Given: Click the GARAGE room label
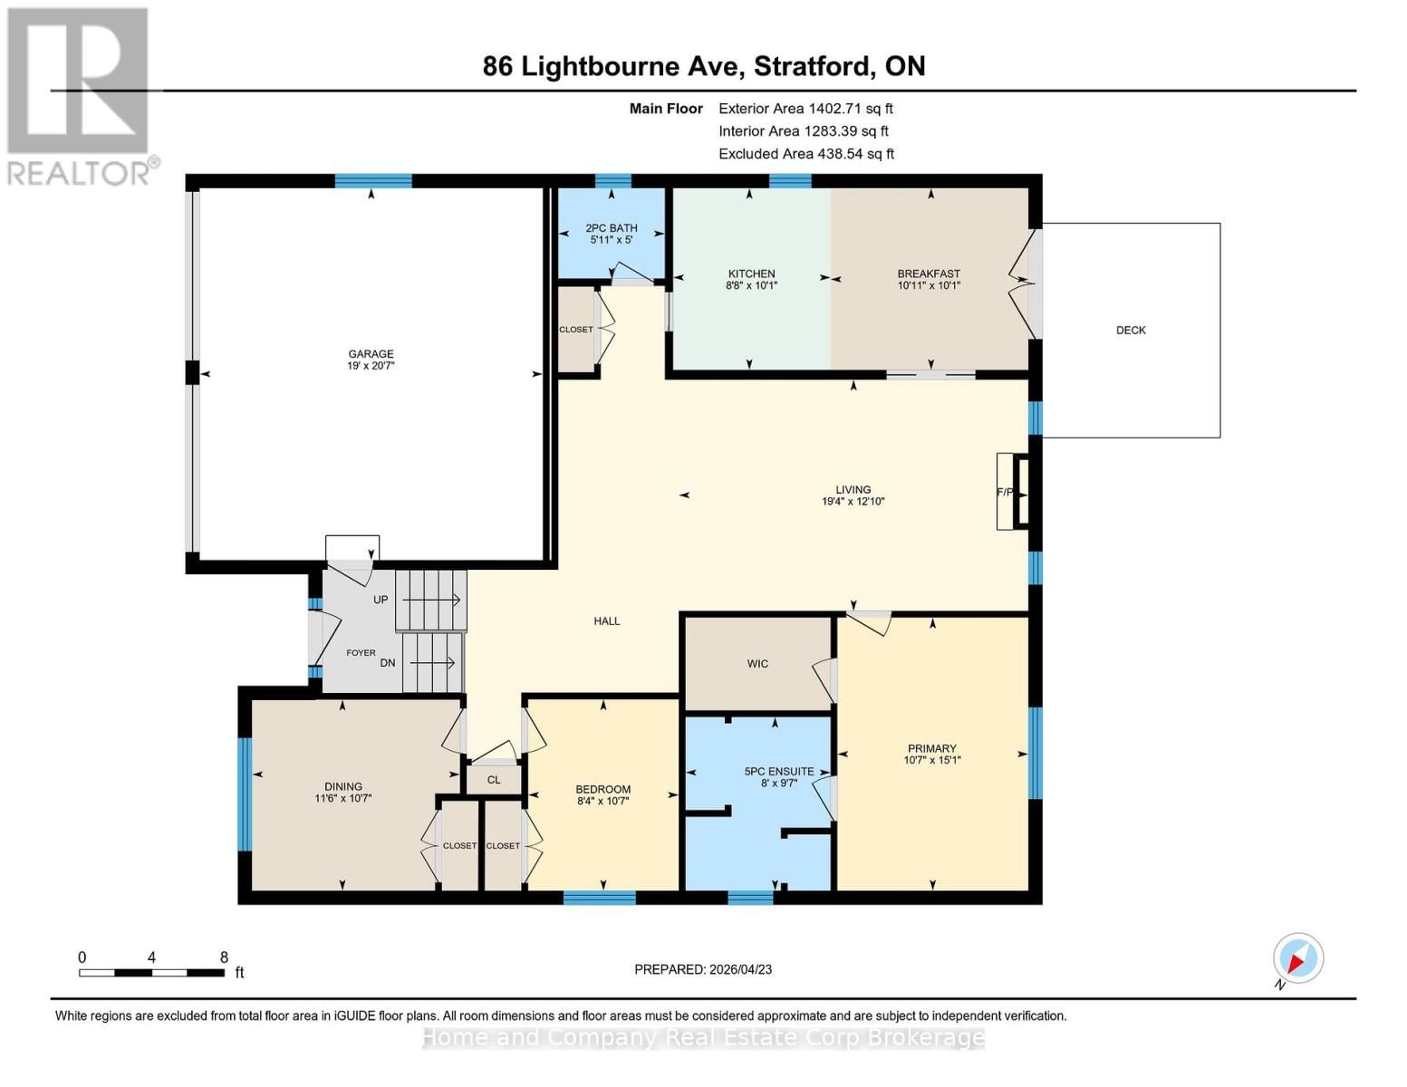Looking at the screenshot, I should point(371,354).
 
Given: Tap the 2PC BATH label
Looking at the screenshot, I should point(612,228).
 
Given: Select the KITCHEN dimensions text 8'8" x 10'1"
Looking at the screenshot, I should point(751,285).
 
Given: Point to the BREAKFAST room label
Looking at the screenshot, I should point(929,274).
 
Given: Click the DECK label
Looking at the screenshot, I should point(1131,331).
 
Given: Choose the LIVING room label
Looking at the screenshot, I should point(853,490).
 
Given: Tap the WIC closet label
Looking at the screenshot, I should point(757,664).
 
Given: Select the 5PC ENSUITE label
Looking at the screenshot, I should point(778,772).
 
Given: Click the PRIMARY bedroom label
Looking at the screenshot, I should point(931,749).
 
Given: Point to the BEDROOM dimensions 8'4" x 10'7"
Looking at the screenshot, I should point(603,801).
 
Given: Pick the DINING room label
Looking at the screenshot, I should point(343,787).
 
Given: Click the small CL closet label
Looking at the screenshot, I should point(494,780).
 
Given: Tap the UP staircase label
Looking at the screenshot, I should point(381,600).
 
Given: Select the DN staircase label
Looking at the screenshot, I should point(388,663).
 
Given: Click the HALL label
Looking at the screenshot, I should point(606,621).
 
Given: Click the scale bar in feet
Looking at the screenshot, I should point(151,973).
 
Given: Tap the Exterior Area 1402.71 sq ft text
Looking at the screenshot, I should point(805,109).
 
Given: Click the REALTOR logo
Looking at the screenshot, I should point(80,95).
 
